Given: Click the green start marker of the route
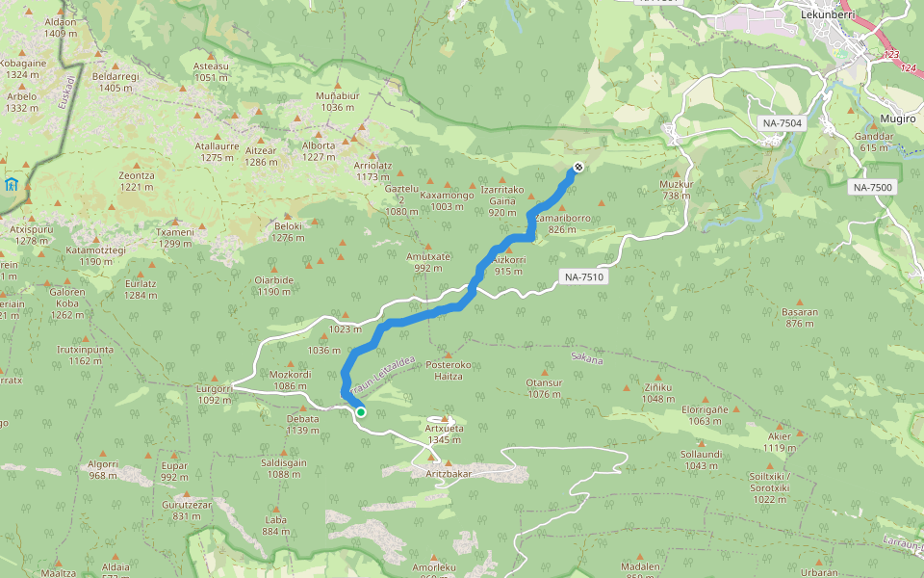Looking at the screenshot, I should [x=360, y=412].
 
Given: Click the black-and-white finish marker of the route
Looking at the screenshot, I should [x=577, y=168].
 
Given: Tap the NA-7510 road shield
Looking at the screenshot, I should [x=584, y=277].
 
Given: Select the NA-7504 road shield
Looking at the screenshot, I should [x=783, y=123].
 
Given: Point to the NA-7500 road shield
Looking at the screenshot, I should [x=873, y=187].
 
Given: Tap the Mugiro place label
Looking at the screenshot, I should [x=897, y=118].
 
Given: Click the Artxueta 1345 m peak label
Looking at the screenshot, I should [x=444, y=433].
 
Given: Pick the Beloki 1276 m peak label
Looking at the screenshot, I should [x=288, y=231].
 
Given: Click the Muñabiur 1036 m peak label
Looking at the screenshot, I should [x=337, y=101].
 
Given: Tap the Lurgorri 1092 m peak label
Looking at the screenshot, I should [x=214, y=394].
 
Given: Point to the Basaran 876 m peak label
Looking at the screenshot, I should [x=800, y=317].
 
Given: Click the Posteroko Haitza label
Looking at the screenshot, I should [x=449, y=370].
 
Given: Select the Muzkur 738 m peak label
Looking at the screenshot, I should [x=677, y=189].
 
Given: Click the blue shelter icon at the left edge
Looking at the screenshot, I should [x=11, y=184].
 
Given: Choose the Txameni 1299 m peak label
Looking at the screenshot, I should [x=175, y=237].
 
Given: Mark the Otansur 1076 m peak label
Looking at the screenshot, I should [x=544, y=387].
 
